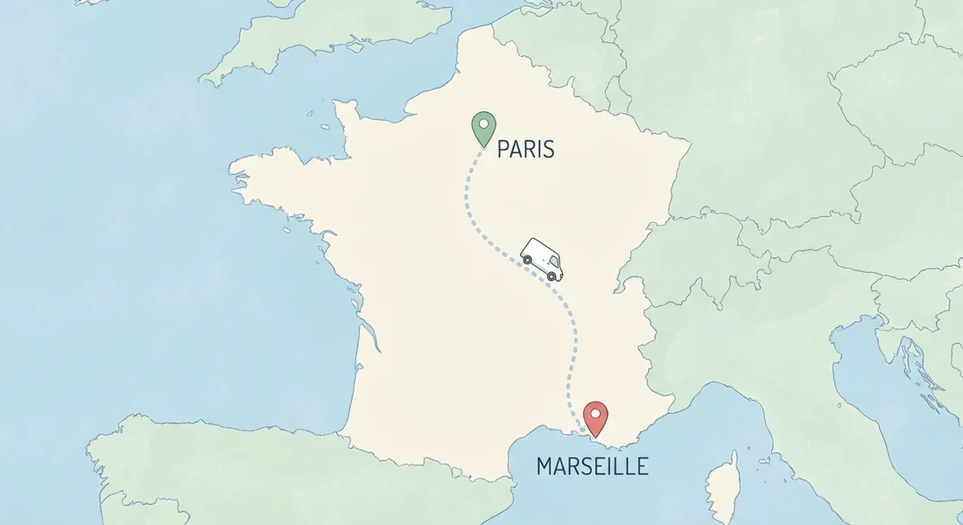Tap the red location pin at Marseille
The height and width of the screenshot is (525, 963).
[595, 416]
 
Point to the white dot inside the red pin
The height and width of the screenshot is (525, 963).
[595, 412]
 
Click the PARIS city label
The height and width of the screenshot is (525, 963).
[525, 150]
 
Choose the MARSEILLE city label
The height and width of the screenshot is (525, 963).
[593, 465]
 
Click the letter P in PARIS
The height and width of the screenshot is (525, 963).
[503, 150]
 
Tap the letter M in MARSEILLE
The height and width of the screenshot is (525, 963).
[545, 465]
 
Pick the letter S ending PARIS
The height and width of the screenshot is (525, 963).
[548, 150]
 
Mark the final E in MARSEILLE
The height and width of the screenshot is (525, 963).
[643, 465]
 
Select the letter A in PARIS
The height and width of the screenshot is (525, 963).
[515, 150]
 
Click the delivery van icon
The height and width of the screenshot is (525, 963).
[541, 258]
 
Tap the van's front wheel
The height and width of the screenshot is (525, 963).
[552, 276]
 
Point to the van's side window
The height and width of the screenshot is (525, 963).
[552, 262]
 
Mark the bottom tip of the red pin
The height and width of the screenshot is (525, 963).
[595, 436]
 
